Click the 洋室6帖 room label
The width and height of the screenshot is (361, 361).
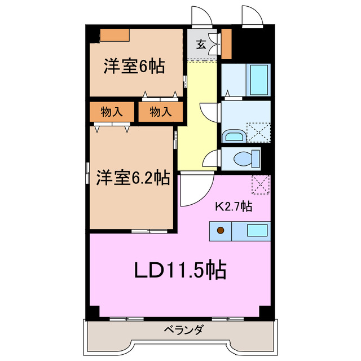134,67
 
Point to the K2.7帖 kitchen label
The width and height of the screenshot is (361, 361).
232,206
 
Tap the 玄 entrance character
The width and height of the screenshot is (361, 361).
201,43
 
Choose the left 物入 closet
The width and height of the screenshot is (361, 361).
112,112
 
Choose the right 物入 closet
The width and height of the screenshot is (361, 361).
160,112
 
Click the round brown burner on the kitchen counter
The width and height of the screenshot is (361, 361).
221,230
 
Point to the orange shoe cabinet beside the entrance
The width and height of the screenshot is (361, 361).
227,44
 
